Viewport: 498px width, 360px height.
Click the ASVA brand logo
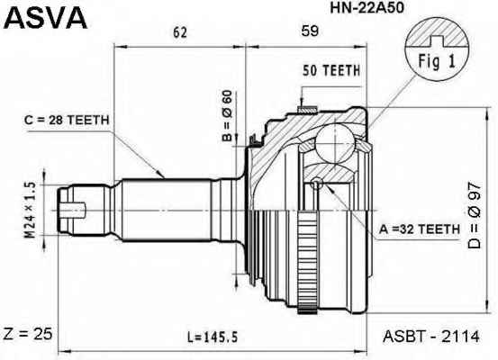(45, 17)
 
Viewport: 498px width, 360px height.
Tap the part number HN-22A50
(367, 8)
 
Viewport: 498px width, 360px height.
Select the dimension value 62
(180, 32)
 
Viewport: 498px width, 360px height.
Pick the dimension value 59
(310, 31)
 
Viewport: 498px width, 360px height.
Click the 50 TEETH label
(331, 70)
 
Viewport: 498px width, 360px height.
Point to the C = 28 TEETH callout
(67, 120)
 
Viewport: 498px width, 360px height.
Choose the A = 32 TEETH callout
(420, 229)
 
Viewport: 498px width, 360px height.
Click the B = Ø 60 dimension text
(228, 115)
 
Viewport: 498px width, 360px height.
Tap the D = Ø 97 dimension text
(475, 216)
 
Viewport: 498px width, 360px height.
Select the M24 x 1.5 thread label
(31, 211)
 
